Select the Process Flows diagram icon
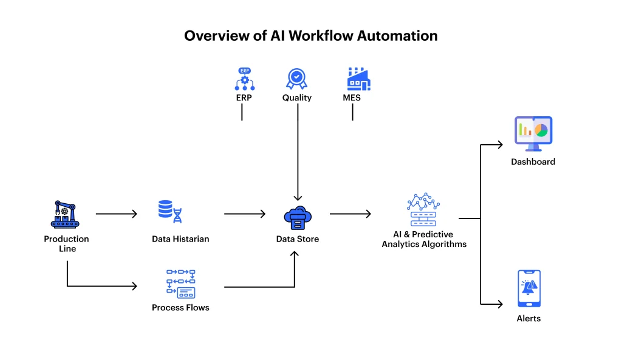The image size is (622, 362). pyautogui.click(x=180, y=284)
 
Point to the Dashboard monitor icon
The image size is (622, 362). pyautogui.click(x=533, y=133)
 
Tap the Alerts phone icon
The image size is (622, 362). pyautogui.click(x=528, y=288)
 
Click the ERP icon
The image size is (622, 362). pyautogui.click(x=244, y=80)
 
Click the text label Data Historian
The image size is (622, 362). pyautogui.click(x=180, y=239)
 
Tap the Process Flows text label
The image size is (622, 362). pyautogui.click(x=180, y=308)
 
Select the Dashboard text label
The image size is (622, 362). pyautogui.click(x=533, y=162)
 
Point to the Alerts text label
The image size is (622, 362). pyautogui.click(x=528, y=318)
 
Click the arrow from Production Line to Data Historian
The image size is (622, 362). pyautogui.click(x=117, y=214)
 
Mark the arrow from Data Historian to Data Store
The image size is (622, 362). pyautogui.click(x=245, y=214)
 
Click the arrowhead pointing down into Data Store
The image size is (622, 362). pyautogui.click(x=298, y=198)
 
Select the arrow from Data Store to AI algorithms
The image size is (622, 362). pyautogui.click(x=350, y=214)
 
